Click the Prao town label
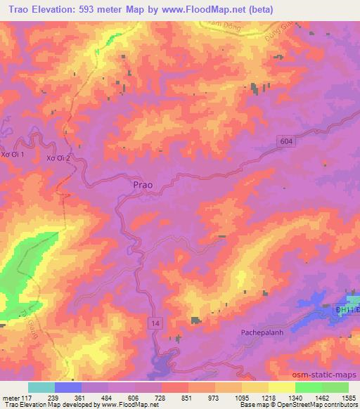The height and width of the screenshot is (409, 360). click(142, 185)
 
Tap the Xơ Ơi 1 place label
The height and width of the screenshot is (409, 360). click(13, 154)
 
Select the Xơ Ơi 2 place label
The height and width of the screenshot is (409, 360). click(58, 157)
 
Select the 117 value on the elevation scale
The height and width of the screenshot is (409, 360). click(20, 398)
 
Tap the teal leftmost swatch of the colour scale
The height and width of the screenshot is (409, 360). click(41, 387)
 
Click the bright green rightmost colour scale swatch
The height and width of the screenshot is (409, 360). click(335, 387)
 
